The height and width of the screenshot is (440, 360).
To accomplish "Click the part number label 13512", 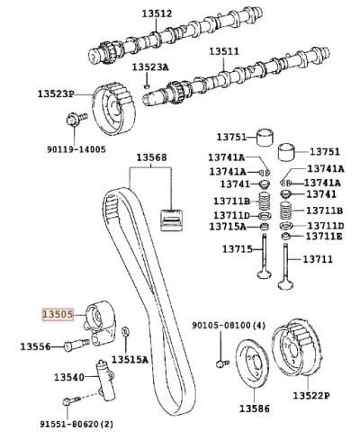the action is tap(157, 13).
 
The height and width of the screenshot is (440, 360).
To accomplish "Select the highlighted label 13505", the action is tap(58, 314).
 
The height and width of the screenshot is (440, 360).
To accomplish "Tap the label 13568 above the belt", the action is tap(151, 157).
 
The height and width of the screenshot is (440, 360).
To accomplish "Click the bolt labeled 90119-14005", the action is tap(76, 119).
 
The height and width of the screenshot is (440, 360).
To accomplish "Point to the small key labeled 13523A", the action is tap(147, 86).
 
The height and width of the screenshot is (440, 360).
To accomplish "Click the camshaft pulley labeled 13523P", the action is tap(113, 109).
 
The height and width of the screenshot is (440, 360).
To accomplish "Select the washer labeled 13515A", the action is tap(125, 332).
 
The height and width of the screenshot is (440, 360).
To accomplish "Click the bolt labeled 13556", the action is tap(76, 346).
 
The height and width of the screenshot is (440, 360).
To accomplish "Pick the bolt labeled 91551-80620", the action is tap(71, 401).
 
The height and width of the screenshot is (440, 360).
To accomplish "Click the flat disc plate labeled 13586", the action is tap(251, 364).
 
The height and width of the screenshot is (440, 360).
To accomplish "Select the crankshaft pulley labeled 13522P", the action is tap(298, 347).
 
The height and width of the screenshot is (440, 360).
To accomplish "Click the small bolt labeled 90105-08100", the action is tap(222, 364).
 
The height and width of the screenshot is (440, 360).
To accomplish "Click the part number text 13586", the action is tap(255, 409).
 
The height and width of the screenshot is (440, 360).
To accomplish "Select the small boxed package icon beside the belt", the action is tap(171, 220).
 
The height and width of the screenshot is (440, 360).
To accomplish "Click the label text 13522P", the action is tap(311, 395).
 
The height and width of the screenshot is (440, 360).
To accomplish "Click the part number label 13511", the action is tap(224, 51).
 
